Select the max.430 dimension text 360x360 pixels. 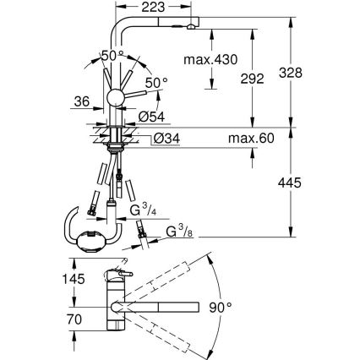(209, 59)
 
